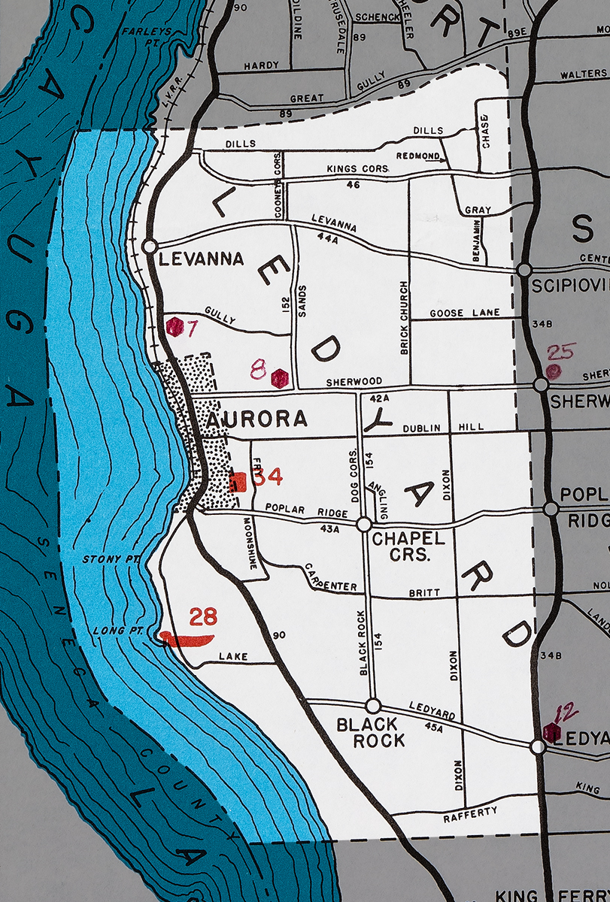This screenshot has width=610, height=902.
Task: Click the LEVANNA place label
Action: click(202, 259)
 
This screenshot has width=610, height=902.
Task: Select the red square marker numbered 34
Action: click(238, 482)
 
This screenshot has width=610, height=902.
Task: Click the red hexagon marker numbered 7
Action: click(175, 327)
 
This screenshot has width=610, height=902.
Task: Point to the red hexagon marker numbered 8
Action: click(280, 378)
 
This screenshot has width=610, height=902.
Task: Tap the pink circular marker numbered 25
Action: click(554, 371)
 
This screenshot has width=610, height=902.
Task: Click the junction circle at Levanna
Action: click(149, 246)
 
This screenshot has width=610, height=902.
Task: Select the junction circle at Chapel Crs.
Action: click(364, 523)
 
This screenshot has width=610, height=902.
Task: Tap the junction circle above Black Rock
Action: click(372, 706)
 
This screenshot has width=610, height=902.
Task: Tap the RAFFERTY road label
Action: click(472, 813)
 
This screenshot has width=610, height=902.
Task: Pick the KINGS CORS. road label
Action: click(357, 169)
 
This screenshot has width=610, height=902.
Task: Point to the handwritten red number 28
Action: click(203, 617)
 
